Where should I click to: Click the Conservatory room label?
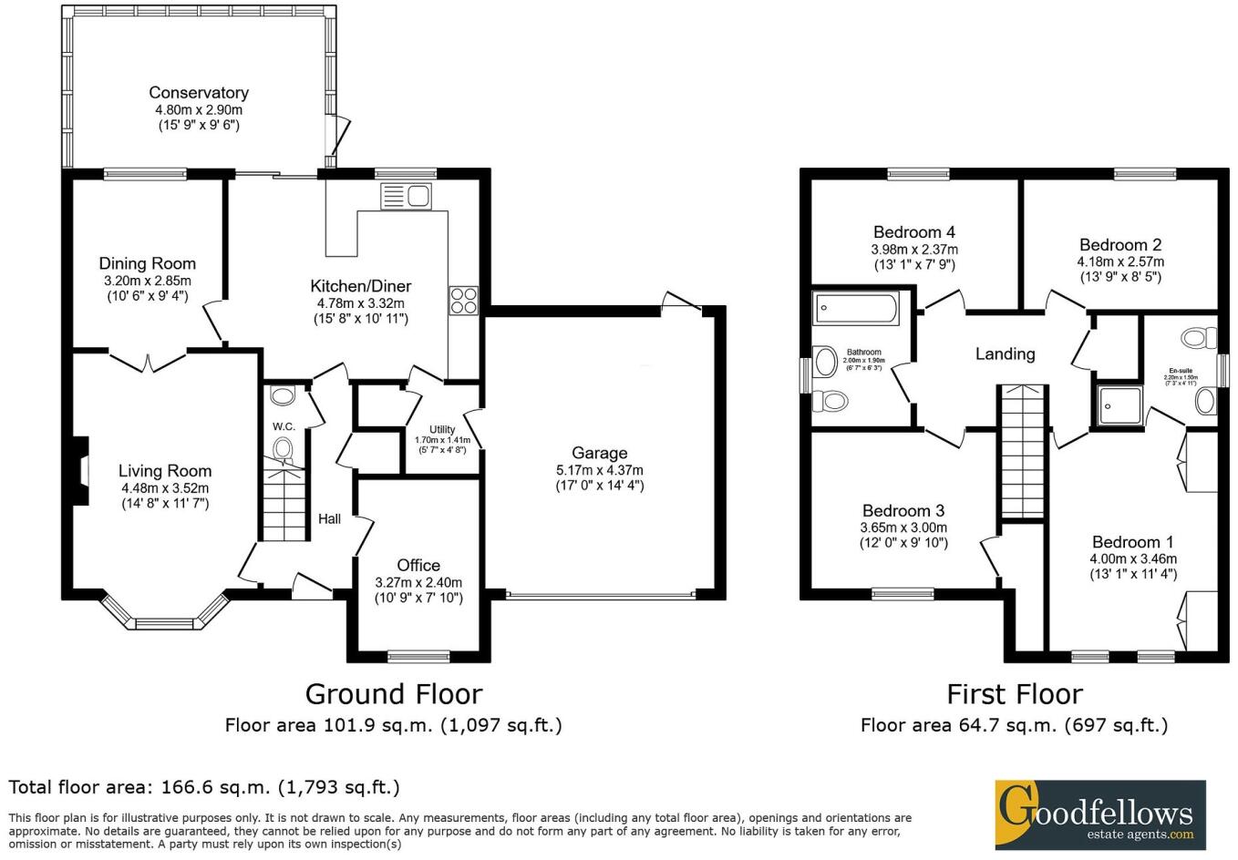click(x=198, y=93)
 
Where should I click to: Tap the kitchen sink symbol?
click(x=407, y=197)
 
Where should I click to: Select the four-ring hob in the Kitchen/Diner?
click(x=463, y=300)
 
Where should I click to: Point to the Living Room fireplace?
click(x=81, y=470)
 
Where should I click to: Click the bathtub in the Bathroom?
click(x=856, y=311)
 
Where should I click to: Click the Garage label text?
click(x=599, y=453)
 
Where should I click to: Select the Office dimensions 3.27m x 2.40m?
click(x=418, y=583)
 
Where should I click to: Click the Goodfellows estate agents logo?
click(x=1099, y=814)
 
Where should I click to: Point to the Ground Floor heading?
click(x=393, y=694)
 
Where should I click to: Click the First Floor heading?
click(x=1014, y=694)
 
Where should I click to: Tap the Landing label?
click(x=1005, y=353)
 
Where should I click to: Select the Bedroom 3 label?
click(x=903, y=511)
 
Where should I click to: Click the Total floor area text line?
click(x=204, y=787)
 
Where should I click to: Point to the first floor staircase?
click(x=1024, y=451)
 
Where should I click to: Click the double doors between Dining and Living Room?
click(x=149, y=361)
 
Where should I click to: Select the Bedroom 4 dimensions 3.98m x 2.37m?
click(x=914, y=250)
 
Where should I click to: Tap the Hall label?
click(x=329, y=518)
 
